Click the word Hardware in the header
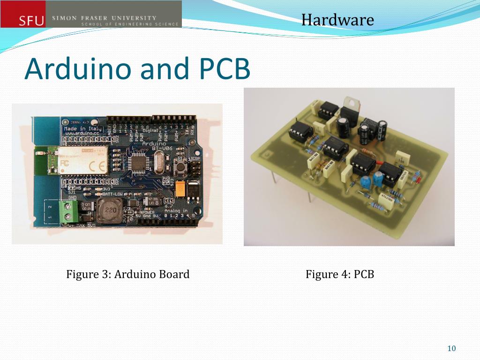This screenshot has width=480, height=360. (337, 20)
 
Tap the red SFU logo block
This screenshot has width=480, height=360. (23, 14)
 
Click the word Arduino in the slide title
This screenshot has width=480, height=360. (77, 68)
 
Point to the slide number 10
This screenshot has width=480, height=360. (451, 348)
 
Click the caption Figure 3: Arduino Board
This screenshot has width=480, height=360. (128, 274)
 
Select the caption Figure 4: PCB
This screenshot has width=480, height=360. (340, 274)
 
